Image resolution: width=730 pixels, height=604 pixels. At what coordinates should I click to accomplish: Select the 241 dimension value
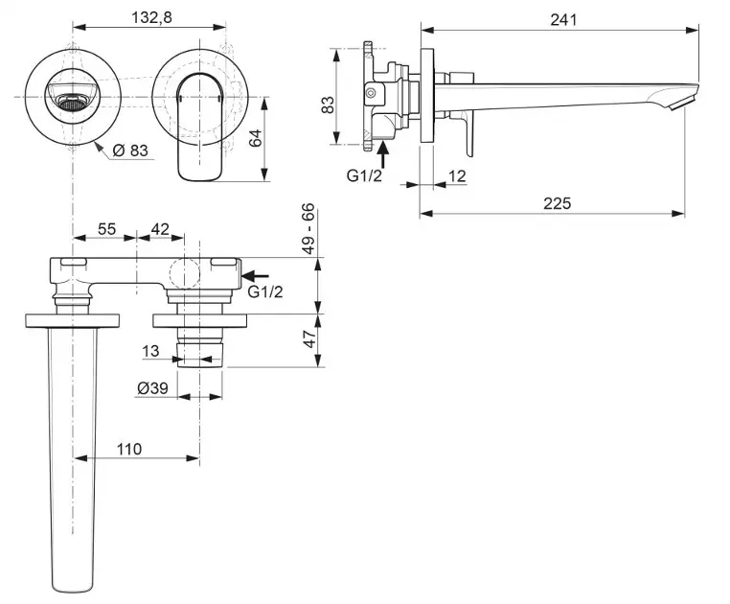coord(563,19)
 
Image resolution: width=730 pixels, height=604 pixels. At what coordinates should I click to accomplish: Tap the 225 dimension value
coord(557,202)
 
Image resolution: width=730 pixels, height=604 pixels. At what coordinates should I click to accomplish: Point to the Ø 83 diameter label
coord(131,150)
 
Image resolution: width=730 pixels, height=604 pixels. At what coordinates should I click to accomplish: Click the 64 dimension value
coord(255,138)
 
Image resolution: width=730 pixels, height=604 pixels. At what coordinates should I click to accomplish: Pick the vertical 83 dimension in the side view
coord(328,104)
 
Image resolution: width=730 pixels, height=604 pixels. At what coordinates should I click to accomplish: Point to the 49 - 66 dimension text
coord(308,228)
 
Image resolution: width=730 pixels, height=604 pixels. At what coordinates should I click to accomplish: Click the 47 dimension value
coord(308,339)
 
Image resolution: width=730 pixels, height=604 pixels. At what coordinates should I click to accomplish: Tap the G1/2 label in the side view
coord(365,174)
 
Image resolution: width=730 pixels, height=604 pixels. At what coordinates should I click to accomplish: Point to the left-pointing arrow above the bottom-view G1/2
coord(257,275)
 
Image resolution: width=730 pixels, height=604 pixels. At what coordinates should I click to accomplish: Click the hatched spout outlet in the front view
coord(72,96)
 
